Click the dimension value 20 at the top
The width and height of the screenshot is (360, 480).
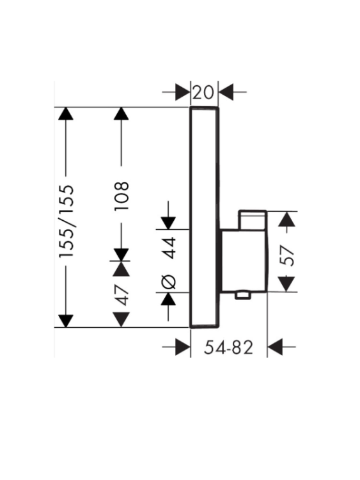point(203,92)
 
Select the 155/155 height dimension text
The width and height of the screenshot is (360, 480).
point(67,221)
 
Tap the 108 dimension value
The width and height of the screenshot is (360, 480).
point(121,196)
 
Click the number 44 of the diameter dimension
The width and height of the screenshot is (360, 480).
point(169,248)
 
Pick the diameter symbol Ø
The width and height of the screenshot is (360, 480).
point(169,282)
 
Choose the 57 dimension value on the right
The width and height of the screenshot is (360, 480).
point(287,255)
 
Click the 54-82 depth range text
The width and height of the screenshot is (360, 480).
point(228,348)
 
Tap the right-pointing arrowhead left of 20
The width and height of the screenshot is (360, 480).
point(183,92)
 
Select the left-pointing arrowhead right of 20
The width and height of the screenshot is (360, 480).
point(226,92)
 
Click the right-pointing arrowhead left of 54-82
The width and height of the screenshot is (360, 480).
point(183,347)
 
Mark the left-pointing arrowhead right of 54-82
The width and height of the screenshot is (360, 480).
point(275,347)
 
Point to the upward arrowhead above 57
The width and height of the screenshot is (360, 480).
point(286,219)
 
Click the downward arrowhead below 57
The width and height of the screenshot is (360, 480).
point(286,284)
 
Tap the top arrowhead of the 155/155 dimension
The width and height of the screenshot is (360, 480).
point(65,113)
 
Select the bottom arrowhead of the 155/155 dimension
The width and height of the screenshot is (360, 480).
point(65,321)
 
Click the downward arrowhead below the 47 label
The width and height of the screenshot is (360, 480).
point(121,319)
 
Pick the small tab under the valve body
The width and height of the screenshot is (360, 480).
point(243,295)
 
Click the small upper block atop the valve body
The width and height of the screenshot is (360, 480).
point(253,220)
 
